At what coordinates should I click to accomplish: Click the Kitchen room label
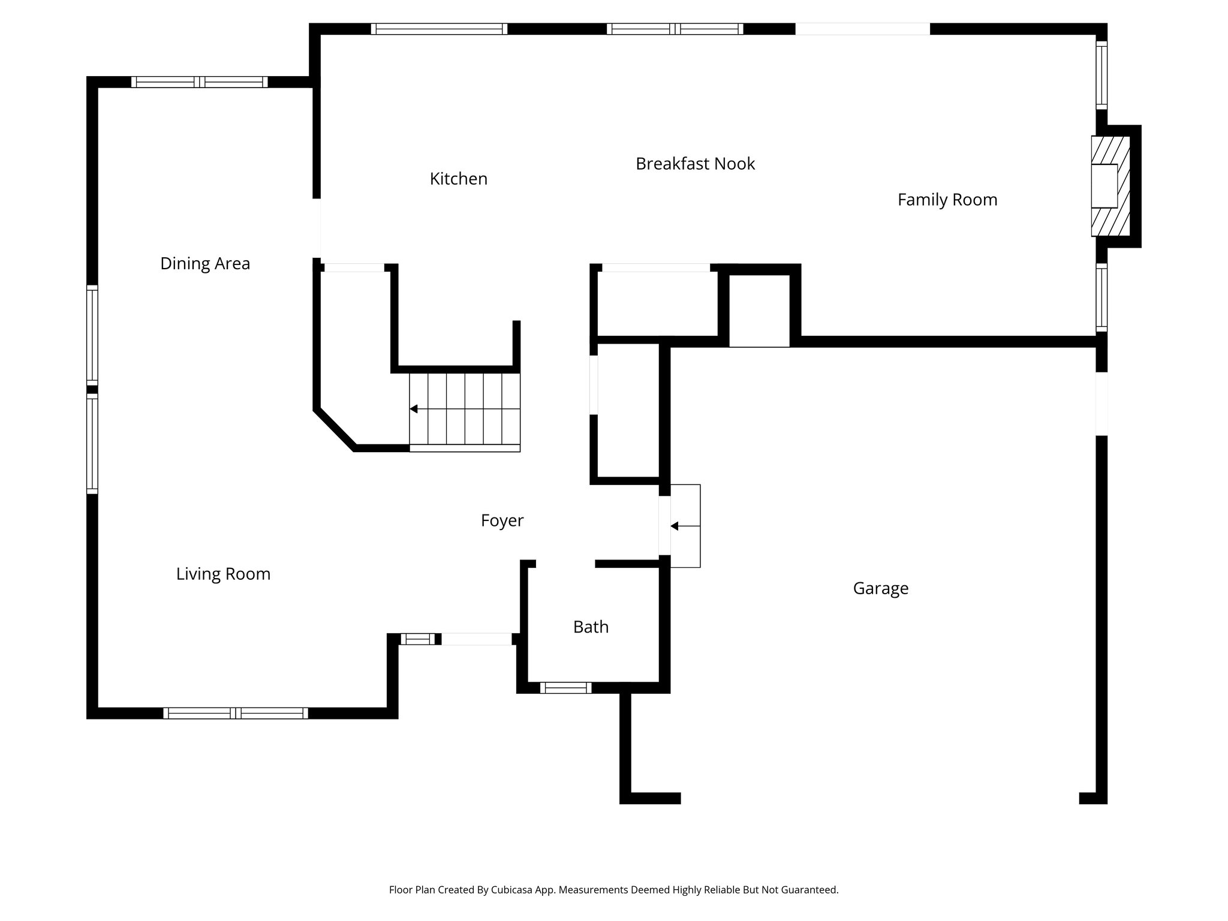click(458, 179)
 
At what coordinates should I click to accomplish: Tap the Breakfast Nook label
click(695, 164)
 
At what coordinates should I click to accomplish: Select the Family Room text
click(947, 200)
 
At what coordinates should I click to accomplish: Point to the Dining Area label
click(204, 263)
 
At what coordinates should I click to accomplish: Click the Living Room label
click(223, 574)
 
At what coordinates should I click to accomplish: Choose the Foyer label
click(502, 520)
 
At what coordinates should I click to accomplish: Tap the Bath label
click(591, 627)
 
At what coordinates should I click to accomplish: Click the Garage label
click(880, 588)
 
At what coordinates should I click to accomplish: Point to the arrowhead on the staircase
click(414, 409)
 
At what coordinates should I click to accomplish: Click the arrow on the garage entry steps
click(675, 526)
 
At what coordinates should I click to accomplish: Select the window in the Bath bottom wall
click(565, 688)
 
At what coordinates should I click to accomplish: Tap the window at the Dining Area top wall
click(200, 82)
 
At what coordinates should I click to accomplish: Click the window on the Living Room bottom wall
click(236, 713)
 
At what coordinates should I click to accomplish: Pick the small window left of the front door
click(417, 639)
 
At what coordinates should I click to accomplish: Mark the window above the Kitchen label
click(439, 29)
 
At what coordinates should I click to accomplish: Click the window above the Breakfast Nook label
click(675, 29)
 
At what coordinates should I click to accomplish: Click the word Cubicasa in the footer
click(513, 890)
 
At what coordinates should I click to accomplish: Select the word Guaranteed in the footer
click(807, 890)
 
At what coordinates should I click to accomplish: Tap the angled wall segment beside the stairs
click(335, 430)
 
